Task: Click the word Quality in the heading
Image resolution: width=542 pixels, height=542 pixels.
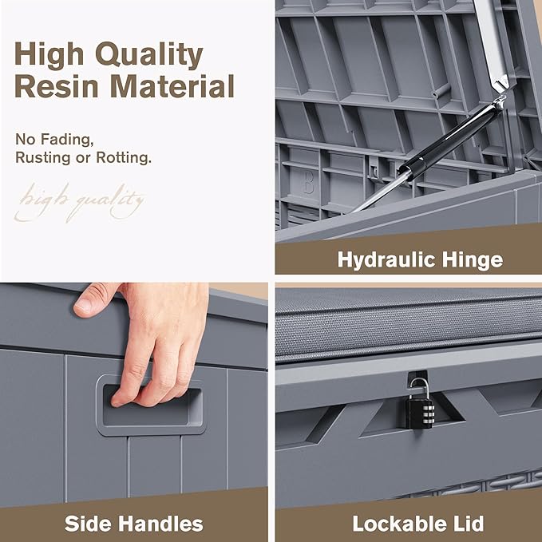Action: [149, 55]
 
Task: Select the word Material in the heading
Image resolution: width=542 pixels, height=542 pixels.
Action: [172, 86]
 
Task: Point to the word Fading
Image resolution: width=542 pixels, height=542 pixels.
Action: [67, 140]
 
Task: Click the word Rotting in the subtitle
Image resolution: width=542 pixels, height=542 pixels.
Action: [124, 157]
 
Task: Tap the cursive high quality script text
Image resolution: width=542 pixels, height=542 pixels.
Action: [79, 203]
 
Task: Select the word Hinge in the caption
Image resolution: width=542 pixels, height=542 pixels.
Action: [473, 260]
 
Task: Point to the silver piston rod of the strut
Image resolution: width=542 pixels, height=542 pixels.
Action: [381, 191]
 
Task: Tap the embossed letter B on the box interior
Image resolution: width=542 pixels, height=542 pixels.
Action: [309, 184]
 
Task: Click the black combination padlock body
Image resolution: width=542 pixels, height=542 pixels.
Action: [419, 412]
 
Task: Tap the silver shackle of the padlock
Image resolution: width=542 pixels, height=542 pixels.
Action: [419, 387]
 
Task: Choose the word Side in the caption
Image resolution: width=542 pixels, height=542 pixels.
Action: [88, 524]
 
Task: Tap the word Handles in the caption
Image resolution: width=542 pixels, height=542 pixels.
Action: [160, 524]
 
